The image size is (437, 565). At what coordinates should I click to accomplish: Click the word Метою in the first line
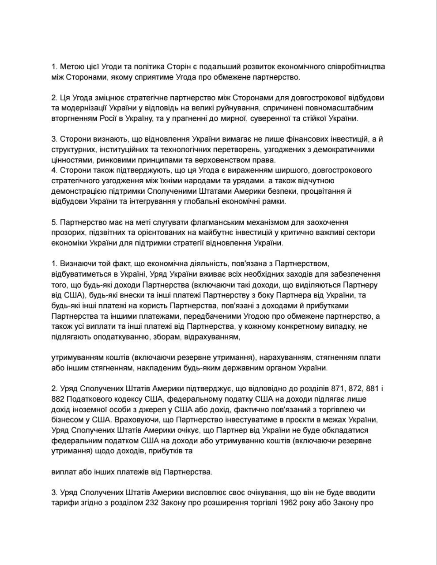pos(71,67)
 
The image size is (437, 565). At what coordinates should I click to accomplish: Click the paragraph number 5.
pos(54,222)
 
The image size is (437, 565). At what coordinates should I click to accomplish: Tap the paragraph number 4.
pos(54,170)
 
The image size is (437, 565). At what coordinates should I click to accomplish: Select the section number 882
pos(58,399)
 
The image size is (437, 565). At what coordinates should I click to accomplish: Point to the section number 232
pos(153,502)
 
